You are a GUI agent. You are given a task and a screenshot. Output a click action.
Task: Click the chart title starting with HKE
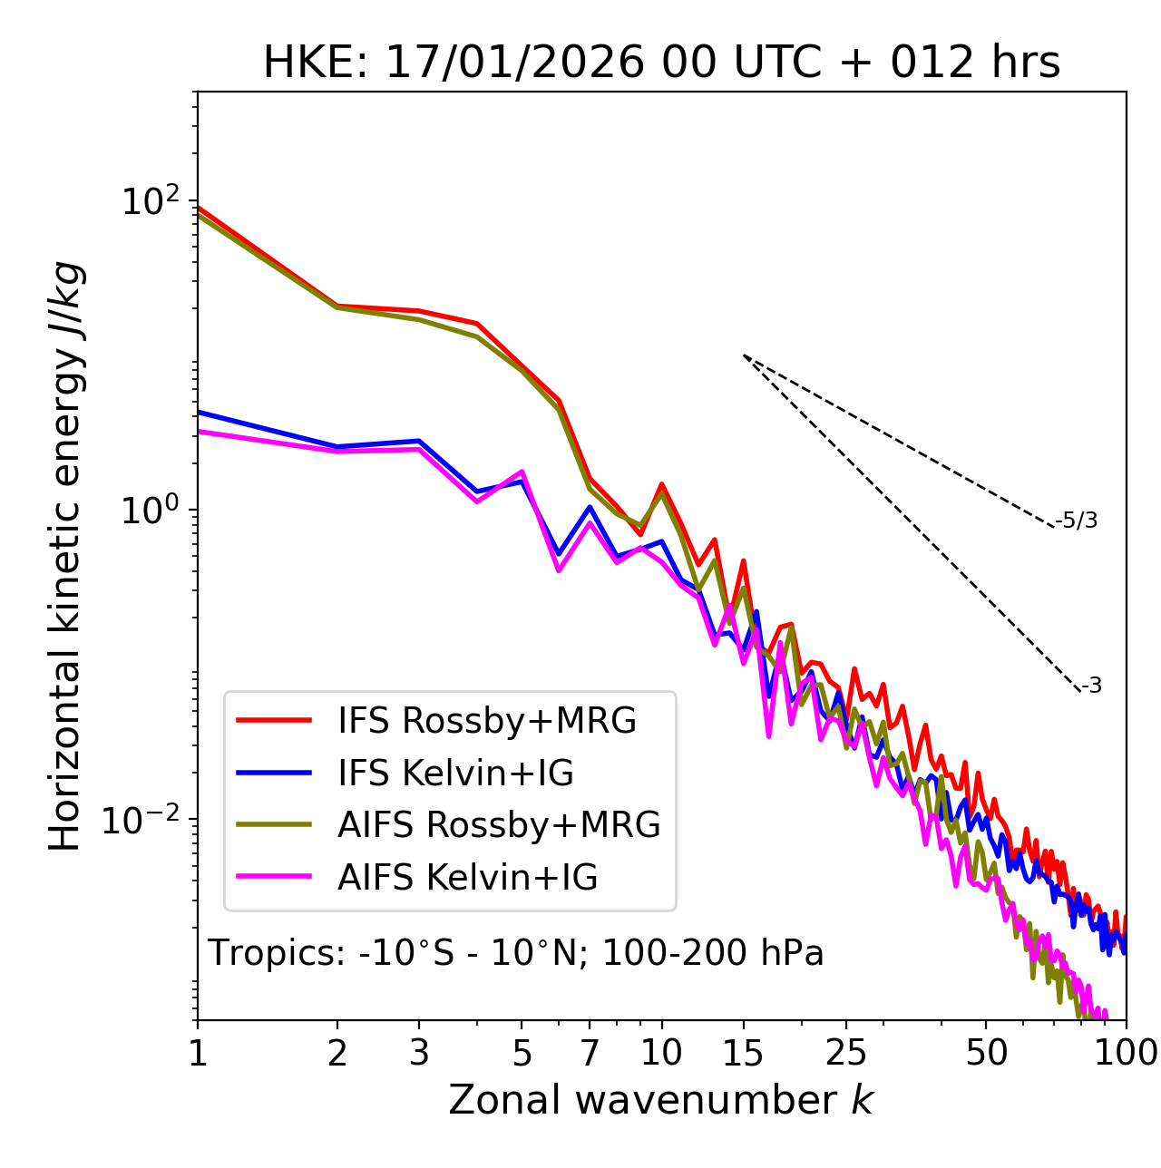(661, 63)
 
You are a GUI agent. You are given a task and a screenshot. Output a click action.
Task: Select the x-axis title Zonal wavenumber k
(661, 1100)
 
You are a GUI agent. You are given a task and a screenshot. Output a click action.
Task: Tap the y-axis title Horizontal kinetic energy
(65, 556)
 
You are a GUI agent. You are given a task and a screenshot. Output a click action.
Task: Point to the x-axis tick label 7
(590, 1053)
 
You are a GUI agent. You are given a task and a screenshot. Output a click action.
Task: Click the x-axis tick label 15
(743, 1053)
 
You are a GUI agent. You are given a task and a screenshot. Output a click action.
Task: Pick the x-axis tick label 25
(846, 1053)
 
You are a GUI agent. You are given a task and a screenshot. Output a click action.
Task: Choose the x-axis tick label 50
(986, 1053)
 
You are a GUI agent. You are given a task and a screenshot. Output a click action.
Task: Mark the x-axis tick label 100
(1126, 1053)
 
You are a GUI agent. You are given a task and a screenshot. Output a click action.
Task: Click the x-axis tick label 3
(419, 1053)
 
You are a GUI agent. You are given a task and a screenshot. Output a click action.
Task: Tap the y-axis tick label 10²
(151, 200)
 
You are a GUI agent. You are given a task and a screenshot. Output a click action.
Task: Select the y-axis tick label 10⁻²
(145, 820)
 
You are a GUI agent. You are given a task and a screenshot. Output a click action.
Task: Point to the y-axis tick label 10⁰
(151, 511)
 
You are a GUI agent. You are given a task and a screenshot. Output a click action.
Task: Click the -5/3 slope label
(1077, 521)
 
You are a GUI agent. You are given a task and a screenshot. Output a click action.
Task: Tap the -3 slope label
(1091, 686)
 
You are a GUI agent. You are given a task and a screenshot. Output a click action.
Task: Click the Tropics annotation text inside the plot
(516, 953)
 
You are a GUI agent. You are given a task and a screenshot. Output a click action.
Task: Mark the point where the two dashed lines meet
(744, 355)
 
